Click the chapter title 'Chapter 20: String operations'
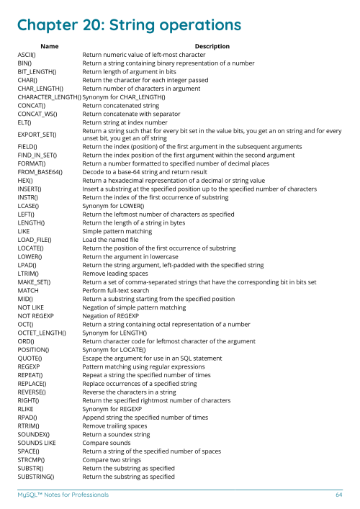(130, 25)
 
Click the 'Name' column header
(50, 45)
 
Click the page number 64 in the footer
(338, 495)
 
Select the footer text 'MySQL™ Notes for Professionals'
(63, 495)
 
